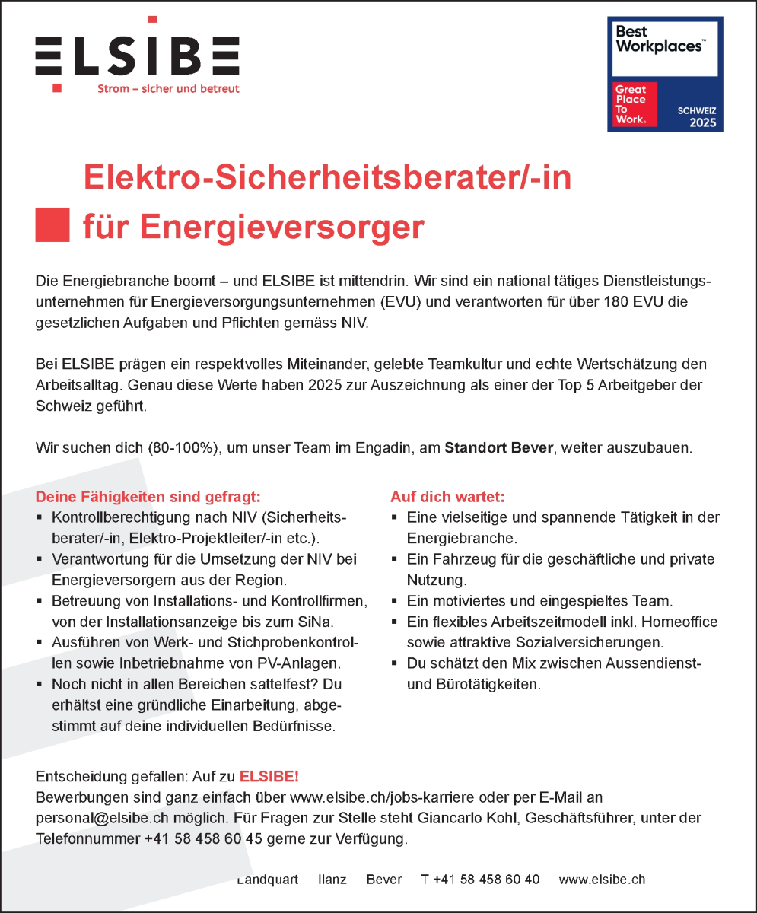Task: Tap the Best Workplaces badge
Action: tap(665, 75)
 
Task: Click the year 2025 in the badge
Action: tap(702, 122)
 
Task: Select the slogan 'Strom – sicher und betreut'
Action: tap(168, 89)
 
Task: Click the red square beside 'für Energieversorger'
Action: tap(52, 224)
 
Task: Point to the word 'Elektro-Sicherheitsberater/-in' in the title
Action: tap(327, 179)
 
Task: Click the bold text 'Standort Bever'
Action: tap(498, 447)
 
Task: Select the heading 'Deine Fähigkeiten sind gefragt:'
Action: tap(148, 498)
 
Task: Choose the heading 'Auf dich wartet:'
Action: tap(447, 498)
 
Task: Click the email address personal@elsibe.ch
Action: tap(99, 819)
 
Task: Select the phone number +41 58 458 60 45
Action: tap(203, 840)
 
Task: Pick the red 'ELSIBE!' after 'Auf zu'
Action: tap(269, 777)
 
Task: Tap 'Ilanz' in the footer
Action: tap(332, 880)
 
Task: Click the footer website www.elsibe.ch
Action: tap(602, 880)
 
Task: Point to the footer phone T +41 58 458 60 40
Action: tap(480, 880)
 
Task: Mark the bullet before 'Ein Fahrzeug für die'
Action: tap(394, 559)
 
